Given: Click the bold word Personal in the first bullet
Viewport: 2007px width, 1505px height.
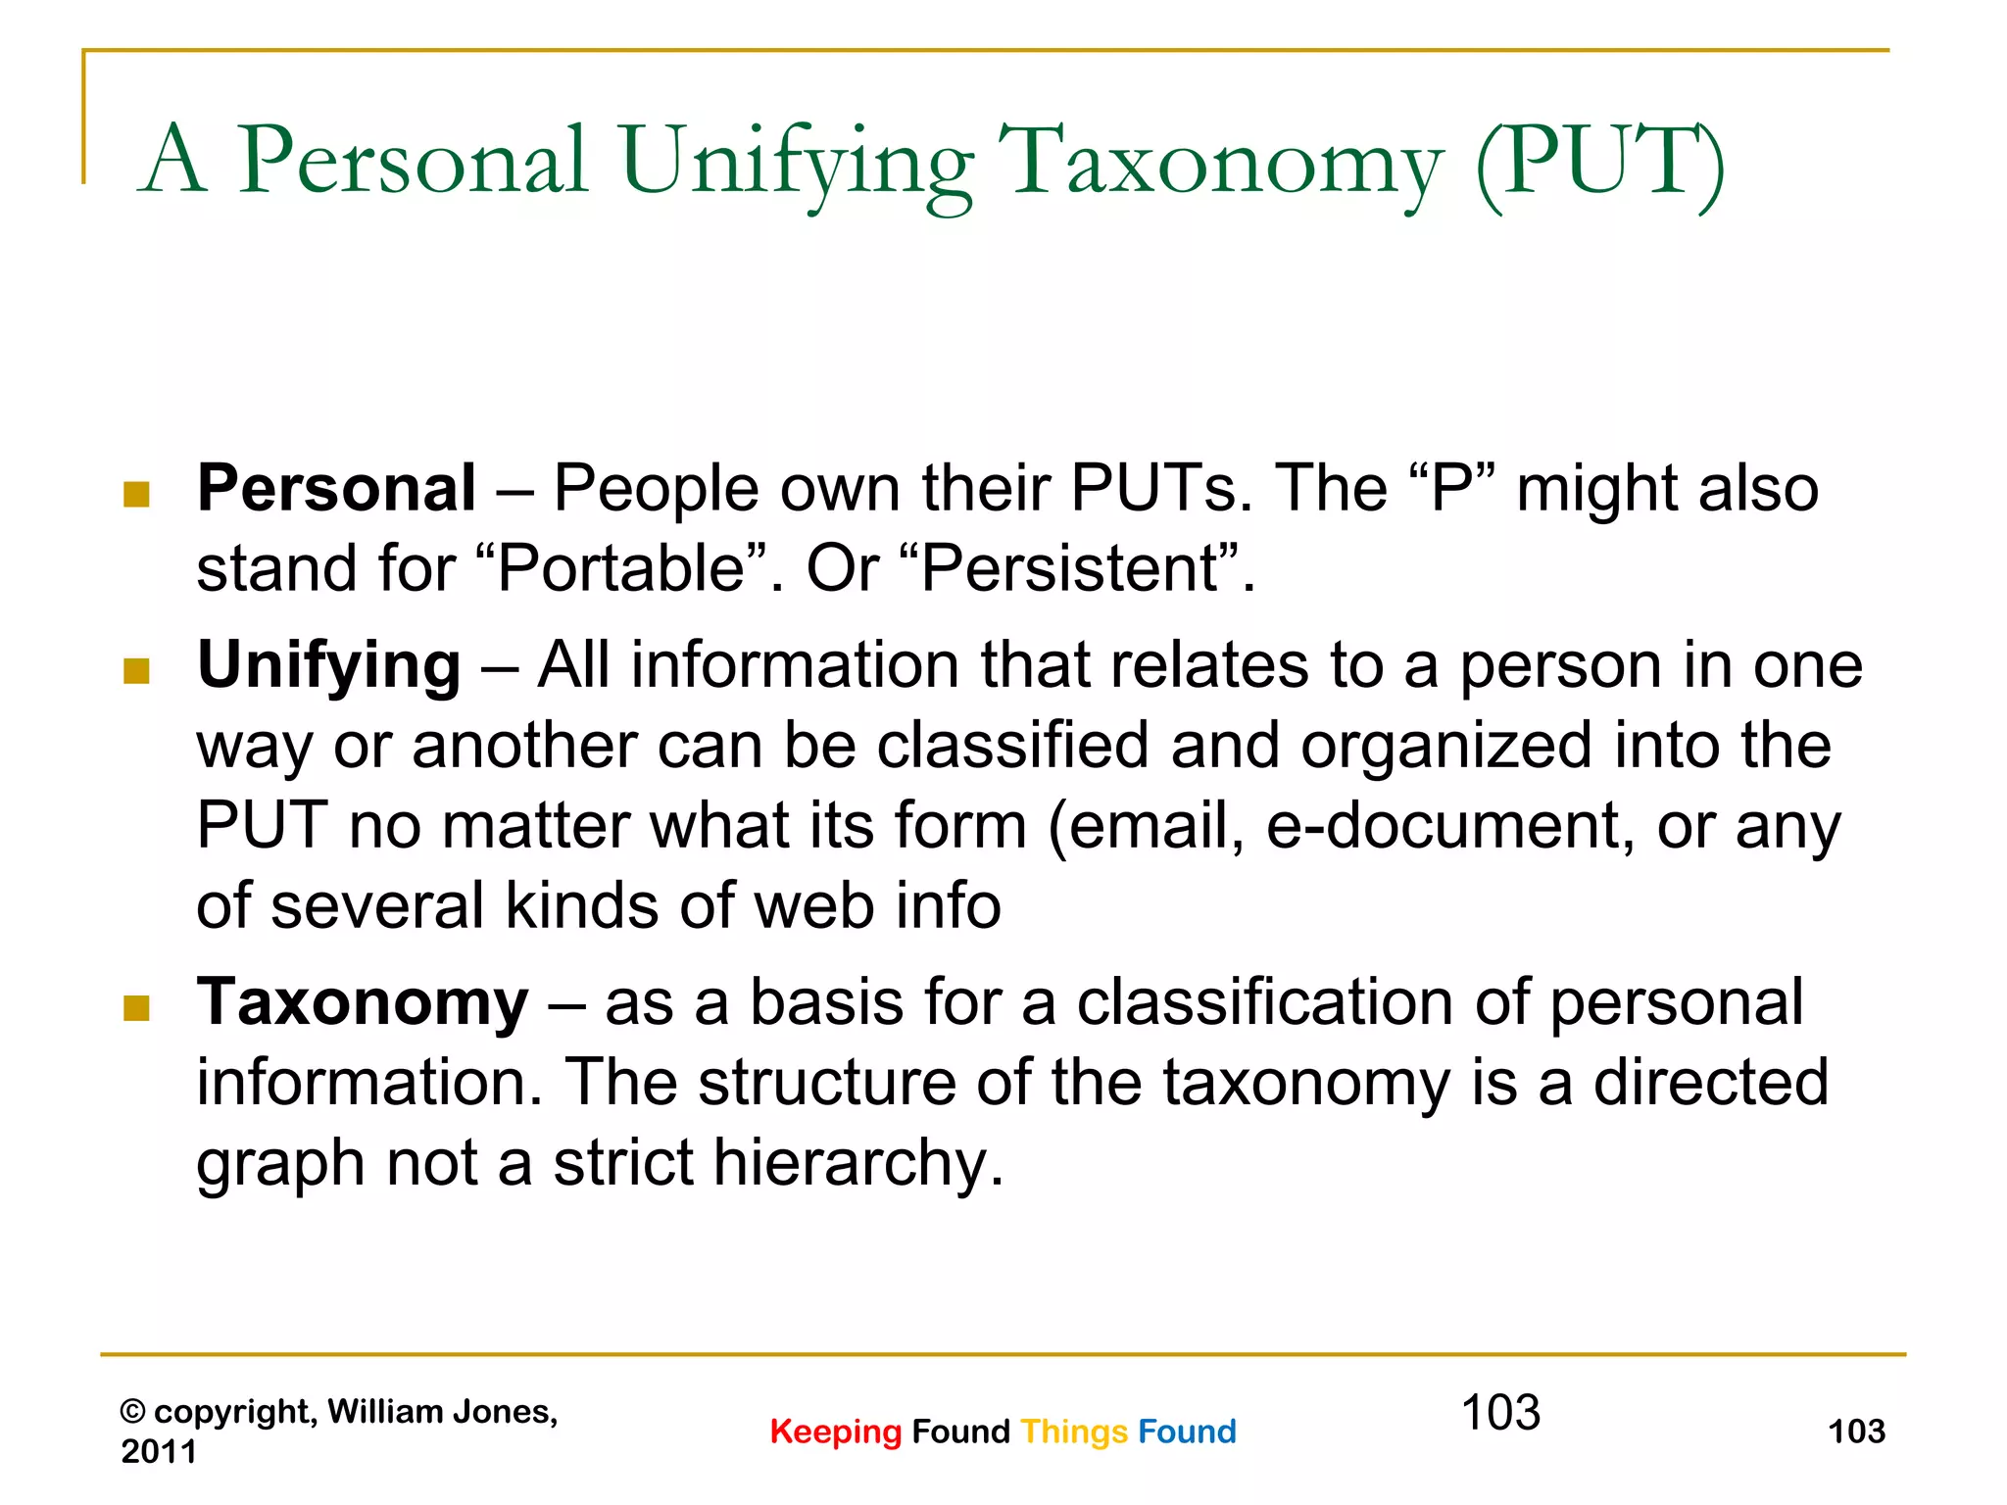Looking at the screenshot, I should tap(336, 488).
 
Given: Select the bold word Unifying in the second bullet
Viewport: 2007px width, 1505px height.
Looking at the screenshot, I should tap(328, 666).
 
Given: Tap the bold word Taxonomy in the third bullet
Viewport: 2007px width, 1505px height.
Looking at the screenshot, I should tap(362, 1003).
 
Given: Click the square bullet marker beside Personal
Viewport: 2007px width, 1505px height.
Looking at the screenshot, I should tap(136, 494).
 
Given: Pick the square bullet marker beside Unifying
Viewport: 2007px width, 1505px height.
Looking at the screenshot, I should tap(136, 671).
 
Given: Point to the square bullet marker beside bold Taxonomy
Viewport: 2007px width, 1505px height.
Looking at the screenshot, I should tap(136, 1008).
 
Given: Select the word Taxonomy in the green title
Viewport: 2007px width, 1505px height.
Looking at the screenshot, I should tap(1220, 162).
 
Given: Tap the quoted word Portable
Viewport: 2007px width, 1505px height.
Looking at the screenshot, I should tap(621, 568).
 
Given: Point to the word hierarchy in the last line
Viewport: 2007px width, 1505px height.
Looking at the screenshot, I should tap(858, 1164).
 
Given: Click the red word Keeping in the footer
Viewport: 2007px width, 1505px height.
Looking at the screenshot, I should tap(835, 1432).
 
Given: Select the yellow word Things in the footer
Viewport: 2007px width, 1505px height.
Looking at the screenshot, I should tap(1074, 1432).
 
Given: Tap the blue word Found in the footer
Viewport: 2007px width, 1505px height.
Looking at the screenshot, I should tap(1187, 1432).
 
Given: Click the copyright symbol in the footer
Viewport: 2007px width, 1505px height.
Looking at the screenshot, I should tap(132, 1412).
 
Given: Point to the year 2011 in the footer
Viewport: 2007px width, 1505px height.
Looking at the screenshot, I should tap(159, 1451).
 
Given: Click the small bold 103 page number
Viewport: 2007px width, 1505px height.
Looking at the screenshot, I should tap(1856, 1432).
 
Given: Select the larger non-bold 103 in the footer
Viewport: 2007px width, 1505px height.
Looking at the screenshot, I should tap(1500, 1413).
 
